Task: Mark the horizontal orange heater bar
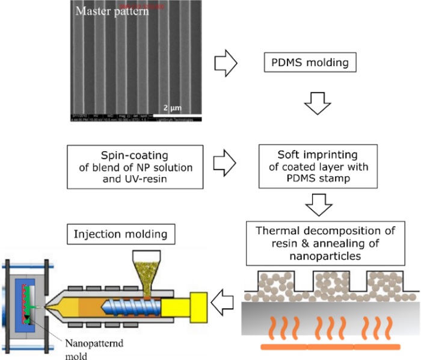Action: (x=331, y=347)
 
